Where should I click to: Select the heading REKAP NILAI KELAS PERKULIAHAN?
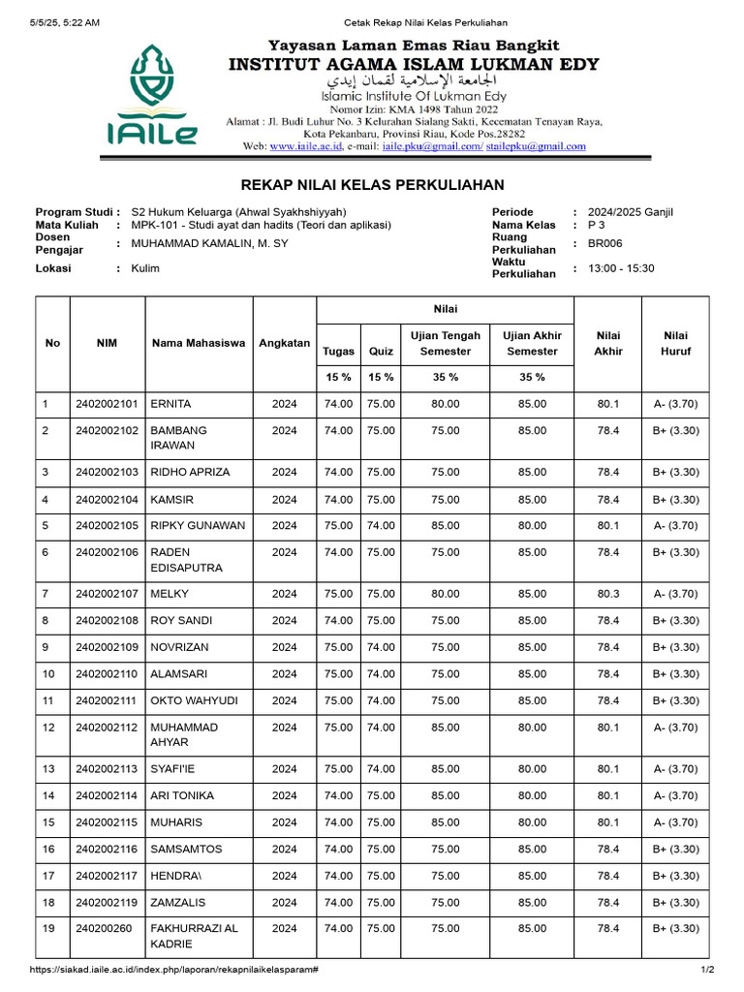click(x=372, y=184)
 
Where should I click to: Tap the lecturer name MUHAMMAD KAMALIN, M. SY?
click(x=209, y=243)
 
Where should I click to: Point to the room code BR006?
click(x=604, y=243)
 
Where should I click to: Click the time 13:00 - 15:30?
click(x=621, y=268)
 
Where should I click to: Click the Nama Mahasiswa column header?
click(x=199, y=343)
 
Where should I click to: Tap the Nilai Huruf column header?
click(x=675, y=343)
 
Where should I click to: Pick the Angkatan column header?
click(x=285, y=343)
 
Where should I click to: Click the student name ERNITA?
click(x=170, y=404)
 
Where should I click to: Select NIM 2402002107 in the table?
click(x=107, y=594)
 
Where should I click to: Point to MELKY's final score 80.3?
click(x=608, y=594)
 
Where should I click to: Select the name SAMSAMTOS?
click(x=186, y=849)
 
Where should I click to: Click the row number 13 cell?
click(x=48, y=769)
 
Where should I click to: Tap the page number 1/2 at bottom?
click(x=707, y=970)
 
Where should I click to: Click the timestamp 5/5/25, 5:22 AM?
click(x=65, y=23)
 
